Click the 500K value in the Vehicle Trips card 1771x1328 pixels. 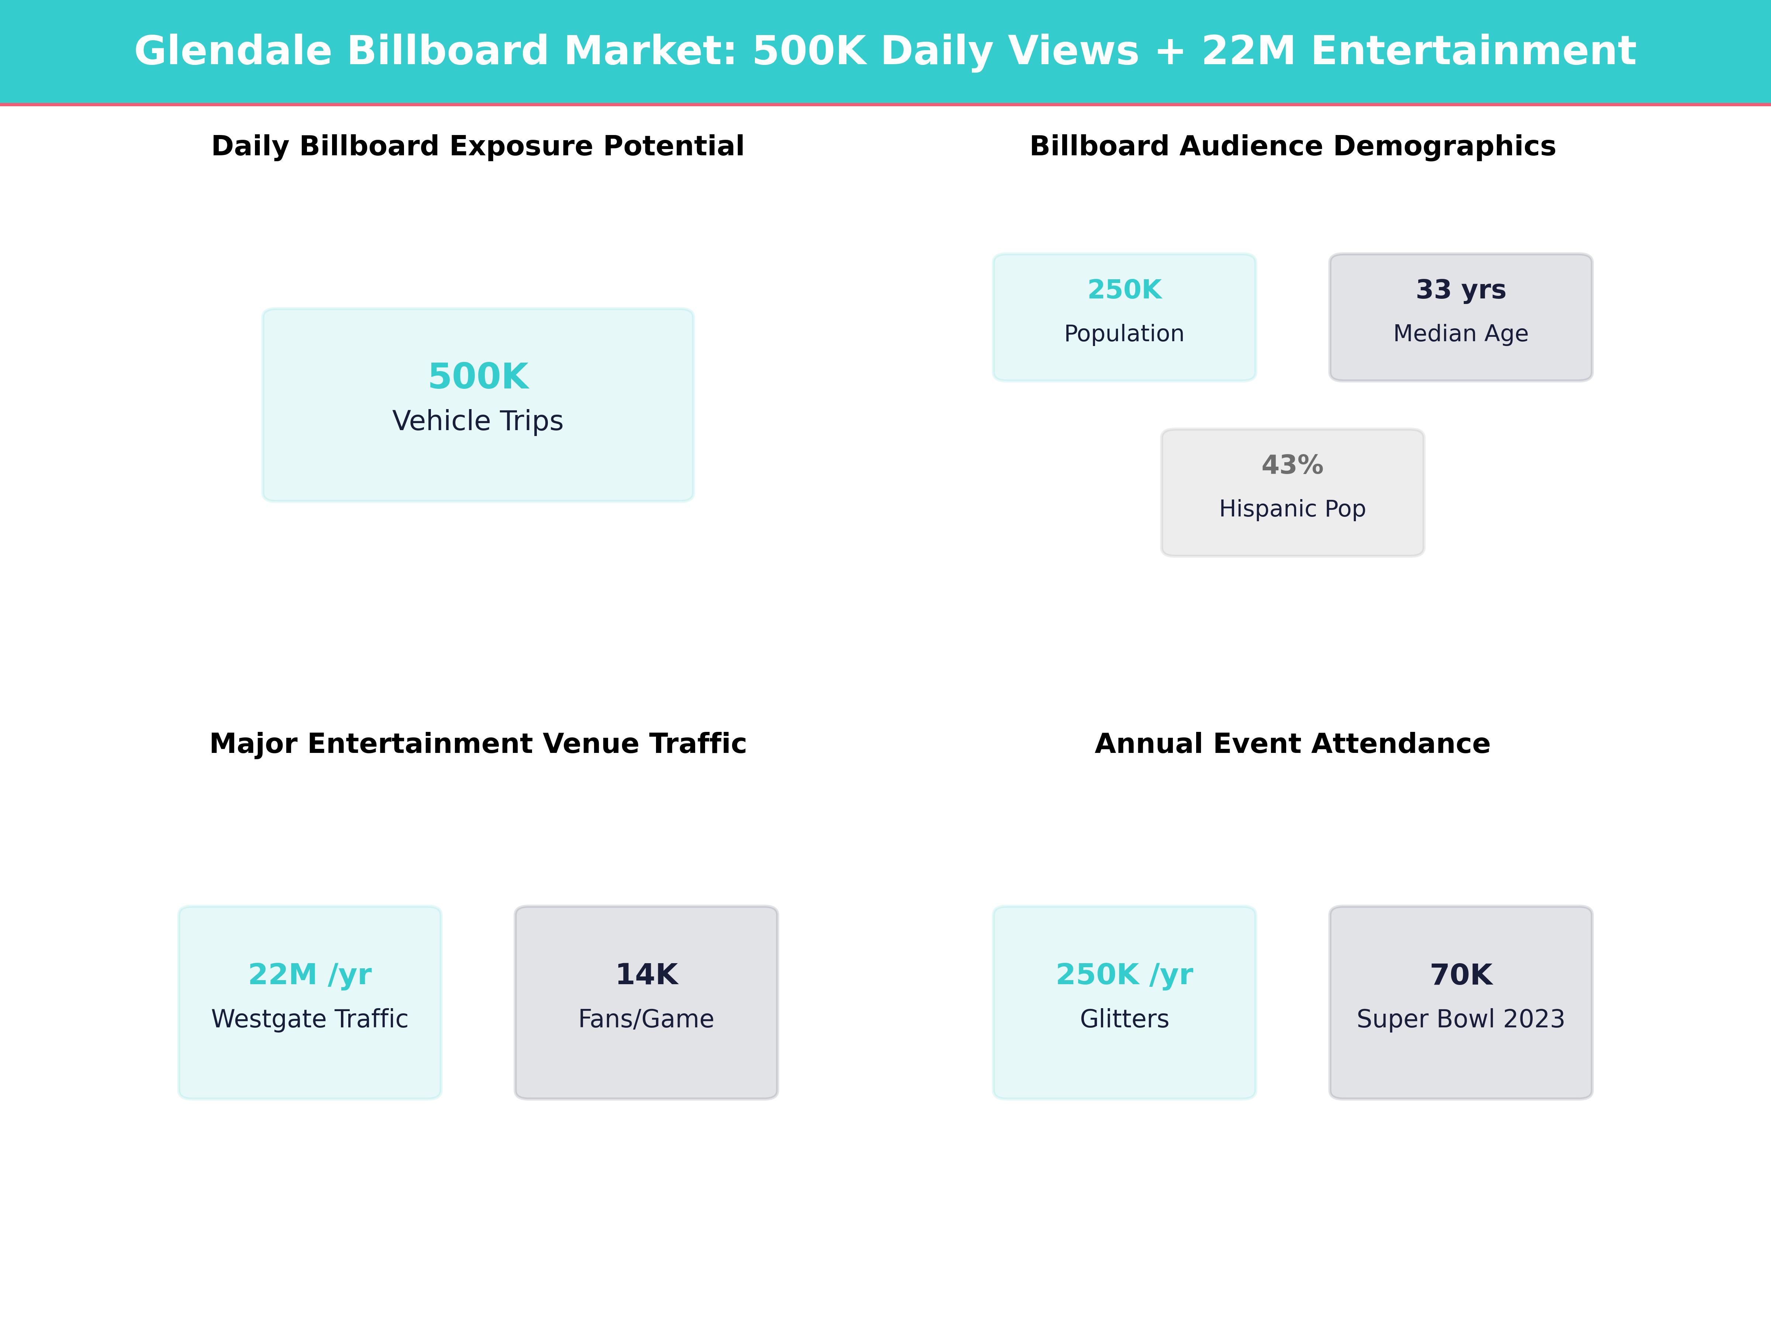[478, 376]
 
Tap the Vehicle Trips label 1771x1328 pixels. [478, 421]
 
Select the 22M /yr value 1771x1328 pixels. [310, 974]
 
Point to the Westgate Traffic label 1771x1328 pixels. [310, 1019]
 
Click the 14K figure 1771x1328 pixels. [646, 974]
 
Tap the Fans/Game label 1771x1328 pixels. [646, 1019]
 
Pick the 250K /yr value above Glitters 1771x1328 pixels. [1124, 974]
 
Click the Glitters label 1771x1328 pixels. [1124, 1019]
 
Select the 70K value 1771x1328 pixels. [1460, 974]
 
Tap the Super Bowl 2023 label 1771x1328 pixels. [1460, 1019]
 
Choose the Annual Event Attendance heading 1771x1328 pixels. [1292, 744]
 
